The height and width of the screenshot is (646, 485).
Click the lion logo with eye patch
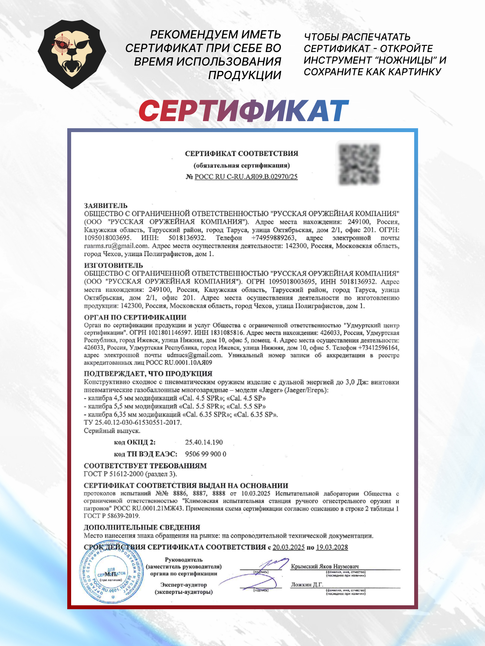tap(72, 54)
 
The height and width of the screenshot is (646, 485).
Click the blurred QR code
tap(359, 164)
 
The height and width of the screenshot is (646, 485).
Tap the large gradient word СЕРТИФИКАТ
tap(243, 111)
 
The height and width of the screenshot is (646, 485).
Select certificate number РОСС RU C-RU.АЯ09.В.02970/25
tap(246, 177)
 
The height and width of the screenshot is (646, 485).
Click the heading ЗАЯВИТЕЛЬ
tap(106, 206)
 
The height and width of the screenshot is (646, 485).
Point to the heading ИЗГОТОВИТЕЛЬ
tap(113, 265)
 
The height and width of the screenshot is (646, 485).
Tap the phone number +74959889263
tap(273, 238)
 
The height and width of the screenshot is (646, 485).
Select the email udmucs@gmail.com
tap(194, 355)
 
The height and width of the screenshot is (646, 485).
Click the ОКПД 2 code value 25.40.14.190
tap(204, 442)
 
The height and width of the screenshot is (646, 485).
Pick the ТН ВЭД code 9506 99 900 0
tap(206, 454)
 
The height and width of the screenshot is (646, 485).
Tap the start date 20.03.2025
tap(288, 547)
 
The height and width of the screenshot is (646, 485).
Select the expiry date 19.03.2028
tap(332, 547)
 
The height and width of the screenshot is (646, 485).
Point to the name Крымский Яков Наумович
tap(325, 566)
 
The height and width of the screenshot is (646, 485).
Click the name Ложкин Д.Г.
tap(307, 585)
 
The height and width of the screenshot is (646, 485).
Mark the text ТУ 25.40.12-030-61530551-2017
tap(133, 422)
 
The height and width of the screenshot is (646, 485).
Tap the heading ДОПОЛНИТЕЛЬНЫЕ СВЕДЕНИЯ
tap(142, 527)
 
